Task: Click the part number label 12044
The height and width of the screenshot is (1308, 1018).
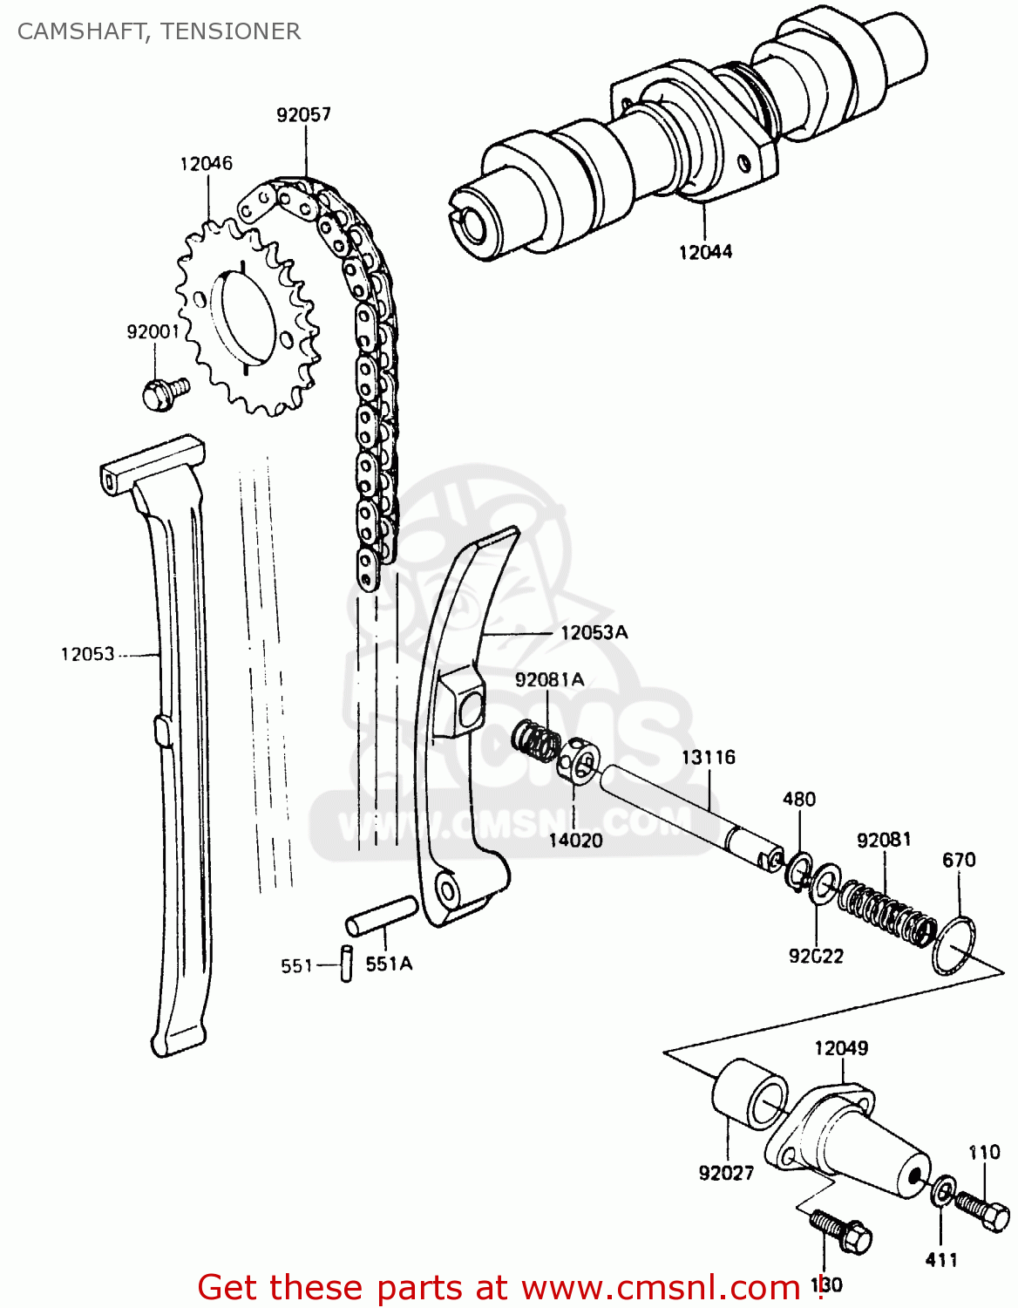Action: click(x=705, y=252)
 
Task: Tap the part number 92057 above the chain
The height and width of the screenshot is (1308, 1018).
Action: click(x=303, y=114)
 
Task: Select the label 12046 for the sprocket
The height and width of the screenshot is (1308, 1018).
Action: click(x=207, y=163)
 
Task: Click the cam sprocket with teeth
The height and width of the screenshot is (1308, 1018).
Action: click(x=248, y=318)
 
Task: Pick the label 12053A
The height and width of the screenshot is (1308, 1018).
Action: click(x=594, y=632)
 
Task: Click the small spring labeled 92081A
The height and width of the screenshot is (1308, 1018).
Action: click(x=535, y=741)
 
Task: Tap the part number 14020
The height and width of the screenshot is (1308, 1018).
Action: click(x=575, y=840)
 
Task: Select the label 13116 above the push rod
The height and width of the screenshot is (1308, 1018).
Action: click(x=708, y=757)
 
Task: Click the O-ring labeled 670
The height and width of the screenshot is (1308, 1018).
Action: click(x=954, y=944)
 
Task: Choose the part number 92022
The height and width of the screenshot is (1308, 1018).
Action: click(x=816, y=956)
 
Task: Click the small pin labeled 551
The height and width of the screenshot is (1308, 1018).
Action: click(x=346, y=964)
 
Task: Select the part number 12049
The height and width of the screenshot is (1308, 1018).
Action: click(x=841, y=1048)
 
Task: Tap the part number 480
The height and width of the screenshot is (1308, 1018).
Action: click(x=799, y=799)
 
